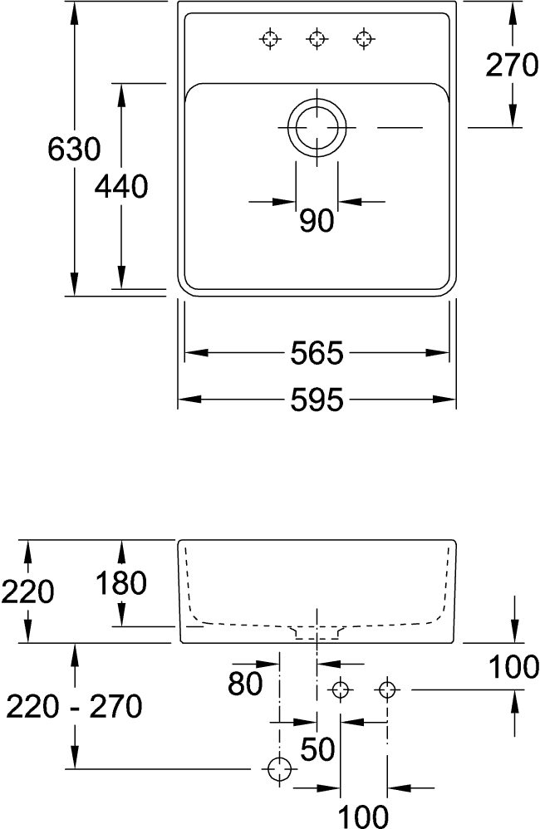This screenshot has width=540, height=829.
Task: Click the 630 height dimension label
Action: pos(74,150)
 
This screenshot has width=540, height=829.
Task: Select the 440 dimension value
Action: pos(121,187)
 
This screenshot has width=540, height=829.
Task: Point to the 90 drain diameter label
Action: pos(317,221)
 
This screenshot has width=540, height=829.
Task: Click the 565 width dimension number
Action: pos(317,354)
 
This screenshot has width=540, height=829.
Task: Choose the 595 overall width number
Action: pos(317,401)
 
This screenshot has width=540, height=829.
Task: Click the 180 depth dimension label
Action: pos(120,583)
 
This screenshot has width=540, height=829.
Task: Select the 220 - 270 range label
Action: pos(74,707)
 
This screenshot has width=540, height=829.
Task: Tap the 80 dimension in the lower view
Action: pos(246,684)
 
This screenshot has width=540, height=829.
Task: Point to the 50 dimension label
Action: pos(317,749)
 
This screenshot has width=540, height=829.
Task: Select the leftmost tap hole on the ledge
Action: pos(270,38)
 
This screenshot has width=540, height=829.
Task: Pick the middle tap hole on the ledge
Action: pos(316,38)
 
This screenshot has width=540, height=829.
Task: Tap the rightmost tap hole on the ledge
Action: pos(362,38)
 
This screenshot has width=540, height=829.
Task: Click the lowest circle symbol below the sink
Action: pos(280,770)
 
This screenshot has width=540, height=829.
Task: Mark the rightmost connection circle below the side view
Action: pos(386,689)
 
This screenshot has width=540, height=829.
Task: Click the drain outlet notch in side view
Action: pos(317,633)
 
